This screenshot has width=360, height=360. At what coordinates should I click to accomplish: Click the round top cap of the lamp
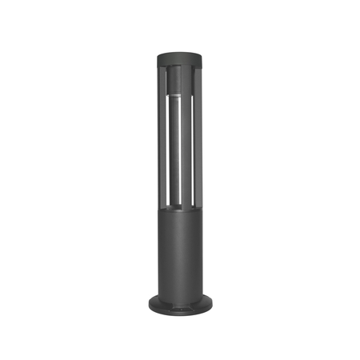pyautogui.click(x=180, y=58)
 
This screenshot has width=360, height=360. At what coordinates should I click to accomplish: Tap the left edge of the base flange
pyautogui.click(x=148, y=304)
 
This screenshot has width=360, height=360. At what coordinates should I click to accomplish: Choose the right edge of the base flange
pyautogui.click(x=212, y=304)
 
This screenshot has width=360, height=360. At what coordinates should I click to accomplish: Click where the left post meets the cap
pyautogui.click(x=161, y=69)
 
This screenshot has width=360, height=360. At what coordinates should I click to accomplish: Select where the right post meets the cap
pyautogui.click(x=199, y=69)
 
